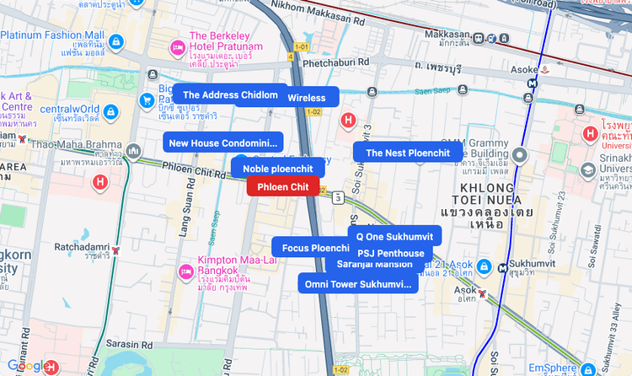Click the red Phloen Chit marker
[283, 186]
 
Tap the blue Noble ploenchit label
[277, 169]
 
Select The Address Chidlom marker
[229, 95]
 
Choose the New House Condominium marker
[222, 142]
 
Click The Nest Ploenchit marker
[408, 153]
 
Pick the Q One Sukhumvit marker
[394, 235]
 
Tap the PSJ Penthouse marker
[390, 253]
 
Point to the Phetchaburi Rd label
[335, 62]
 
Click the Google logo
[27, 366]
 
